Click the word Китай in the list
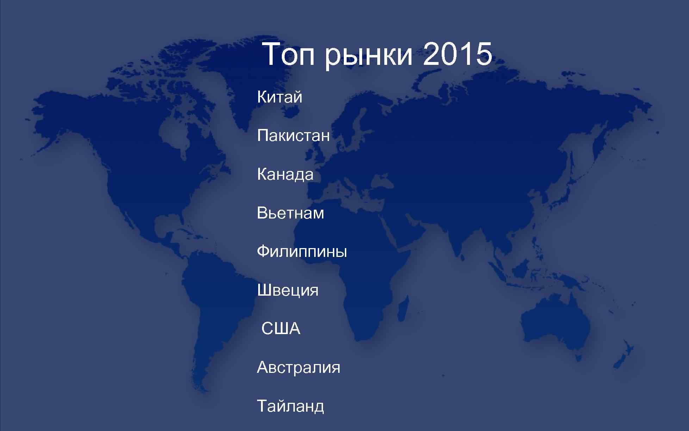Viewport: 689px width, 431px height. [280, 97]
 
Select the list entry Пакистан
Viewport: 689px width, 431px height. [293, 136]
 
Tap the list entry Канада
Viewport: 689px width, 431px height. [285, 174]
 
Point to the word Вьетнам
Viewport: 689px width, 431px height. [290, 213]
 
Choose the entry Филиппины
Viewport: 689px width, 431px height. [302, 252]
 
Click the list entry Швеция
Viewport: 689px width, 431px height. [287, 290]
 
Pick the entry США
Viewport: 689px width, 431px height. [281, 329]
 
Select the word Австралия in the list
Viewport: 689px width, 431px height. [298, 368]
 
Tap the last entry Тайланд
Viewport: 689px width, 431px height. [290, 406]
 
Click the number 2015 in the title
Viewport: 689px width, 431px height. [457, 55]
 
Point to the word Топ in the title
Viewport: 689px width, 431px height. [289, 55]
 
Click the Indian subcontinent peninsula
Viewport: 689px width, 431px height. [458, 240]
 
